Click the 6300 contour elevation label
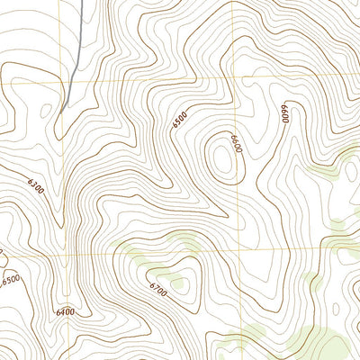(35, 187)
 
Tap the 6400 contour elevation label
(64, 312)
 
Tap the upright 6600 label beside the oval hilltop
(237, 144)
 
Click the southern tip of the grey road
(63, 109)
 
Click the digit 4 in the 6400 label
(61, 312)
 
